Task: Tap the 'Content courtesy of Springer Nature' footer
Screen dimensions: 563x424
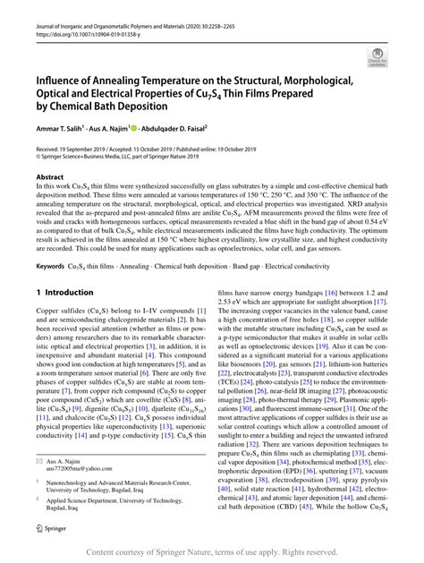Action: click(x=211, y=553)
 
